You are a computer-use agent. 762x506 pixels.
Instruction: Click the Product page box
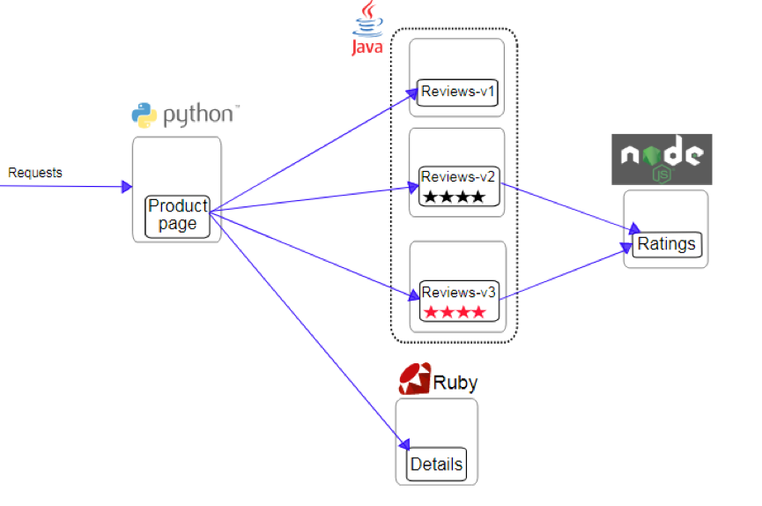click(x=178, y=215)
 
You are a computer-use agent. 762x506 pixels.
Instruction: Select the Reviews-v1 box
click(x=457, y=92)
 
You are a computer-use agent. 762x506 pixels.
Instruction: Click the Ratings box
click(x=666, y=244)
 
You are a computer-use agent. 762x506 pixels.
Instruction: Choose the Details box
click(x=436, y=464)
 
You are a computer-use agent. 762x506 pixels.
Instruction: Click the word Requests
click(x=35, y=173)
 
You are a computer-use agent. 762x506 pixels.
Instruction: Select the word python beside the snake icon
click(x=197, y=115)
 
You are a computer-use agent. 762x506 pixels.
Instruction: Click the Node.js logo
click(x=662, y=160)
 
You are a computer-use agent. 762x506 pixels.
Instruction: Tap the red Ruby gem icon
click(x=414, y=379)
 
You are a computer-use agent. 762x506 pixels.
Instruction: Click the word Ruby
click(x=455, y=383)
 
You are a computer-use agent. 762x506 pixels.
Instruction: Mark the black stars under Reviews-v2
click(x=454, y=197)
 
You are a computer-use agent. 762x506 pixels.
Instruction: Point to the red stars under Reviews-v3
click(x=454, y=312)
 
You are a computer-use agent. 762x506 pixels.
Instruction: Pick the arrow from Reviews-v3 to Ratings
click(x=564, y=275)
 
